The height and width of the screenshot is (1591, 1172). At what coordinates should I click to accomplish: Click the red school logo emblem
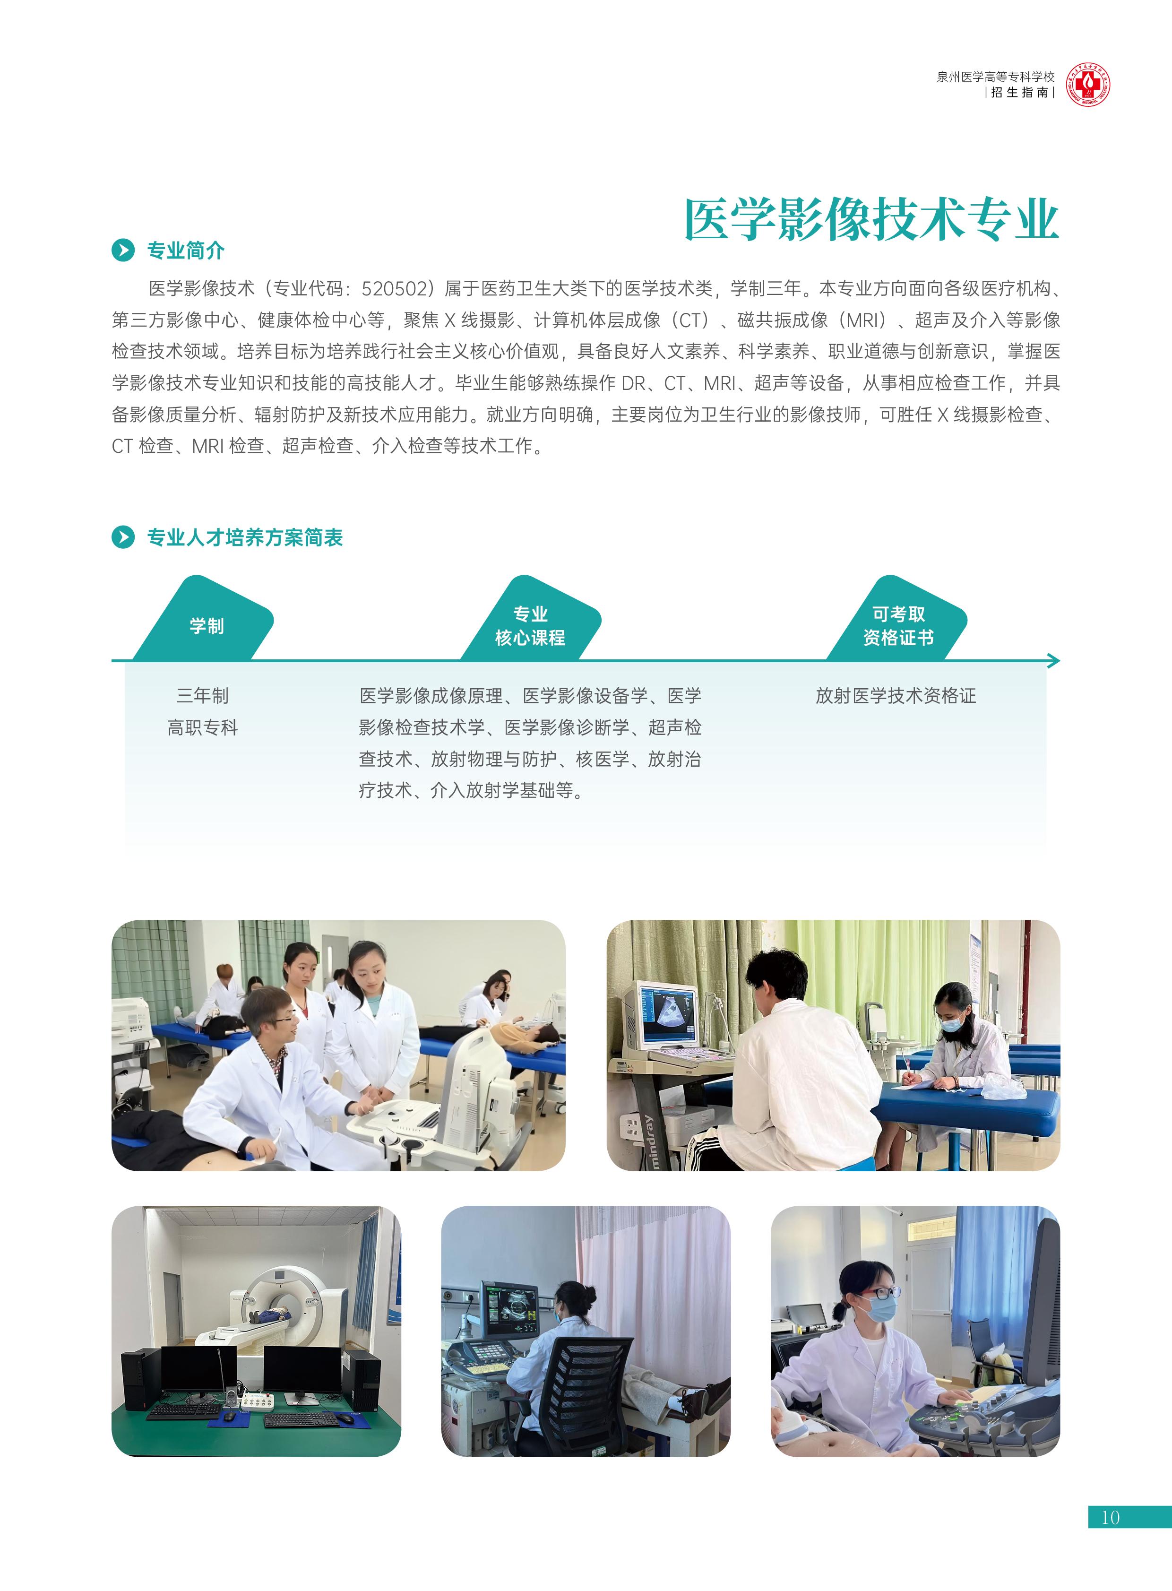tap(1088, 85)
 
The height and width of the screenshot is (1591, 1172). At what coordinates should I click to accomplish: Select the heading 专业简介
tap(186, 251)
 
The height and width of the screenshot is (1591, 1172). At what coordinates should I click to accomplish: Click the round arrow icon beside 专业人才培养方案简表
tap(123, 537)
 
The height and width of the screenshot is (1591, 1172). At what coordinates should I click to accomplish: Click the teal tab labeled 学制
tap(204, 619)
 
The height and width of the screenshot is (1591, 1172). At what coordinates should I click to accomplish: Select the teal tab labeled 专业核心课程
tap(531, 619)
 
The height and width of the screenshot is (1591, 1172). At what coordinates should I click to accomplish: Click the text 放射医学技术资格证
tap(896, 695)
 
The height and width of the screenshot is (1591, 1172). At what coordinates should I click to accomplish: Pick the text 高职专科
tap(203, 727)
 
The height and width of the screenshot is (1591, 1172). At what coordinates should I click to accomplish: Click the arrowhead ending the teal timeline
tap(1054, 661)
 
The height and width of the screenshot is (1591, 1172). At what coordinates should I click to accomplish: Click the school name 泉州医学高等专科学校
tap(995, 77)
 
